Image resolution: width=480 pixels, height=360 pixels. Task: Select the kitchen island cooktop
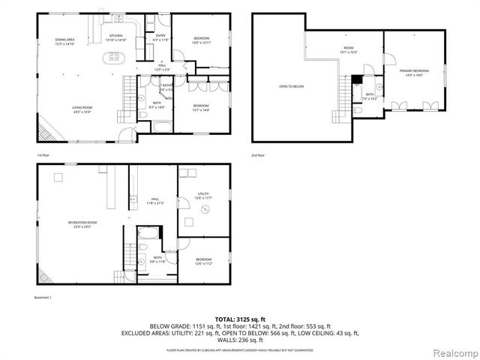(x=115, y=56)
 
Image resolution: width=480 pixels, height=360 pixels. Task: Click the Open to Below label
(x=289, y=86)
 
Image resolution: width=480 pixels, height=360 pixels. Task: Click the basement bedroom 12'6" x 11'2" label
(x=203, y=262)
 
